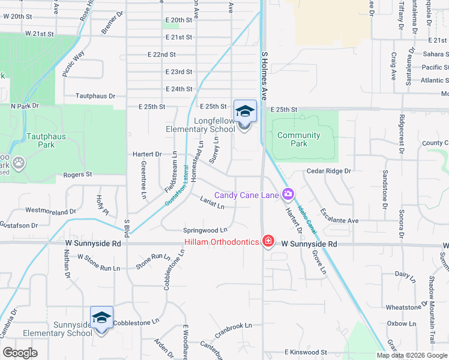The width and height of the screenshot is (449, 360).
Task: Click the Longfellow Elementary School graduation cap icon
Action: point(245,111)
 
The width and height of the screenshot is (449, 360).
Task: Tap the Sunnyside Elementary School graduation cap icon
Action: point(101,317)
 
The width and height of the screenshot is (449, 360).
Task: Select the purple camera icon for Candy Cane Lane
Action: point(288,194)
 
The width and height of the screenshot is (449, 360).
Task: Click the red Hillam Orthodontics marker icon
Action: point(268,242)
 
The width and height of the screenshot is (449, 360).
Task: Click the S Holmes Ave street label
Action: point(264,74)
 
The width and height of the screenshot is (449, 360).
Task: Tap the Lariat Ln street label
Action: point(212,203)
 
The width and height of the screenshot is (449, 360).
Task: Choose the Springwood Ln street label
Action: point(205,230)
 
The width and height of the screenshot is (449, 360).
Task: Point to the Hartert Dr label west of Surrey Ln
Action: point(147,154)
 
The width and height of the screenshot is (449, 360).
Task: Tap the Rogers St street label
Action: point(77,175)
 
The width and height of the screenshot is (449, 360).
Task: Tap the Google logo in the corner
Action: point(20,353)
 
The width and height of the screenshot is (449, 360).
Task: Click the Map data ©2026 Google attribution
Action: point(411,355)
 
